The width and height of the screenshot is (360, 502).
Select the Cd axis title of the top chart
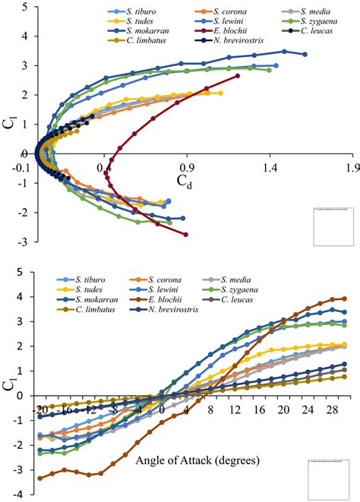(x=185, y=179)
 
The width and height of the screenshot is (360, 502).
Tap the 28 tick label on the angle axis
(x=332, y=410)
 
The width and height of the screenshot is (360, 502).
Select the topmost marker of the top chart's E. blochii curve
(x=238, y=76)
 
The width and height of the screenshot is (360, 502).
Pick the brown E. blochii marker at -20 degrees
(x=39, y=478)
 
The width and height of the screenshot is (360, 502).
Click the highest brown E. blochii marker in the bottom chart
(x=344, y=298)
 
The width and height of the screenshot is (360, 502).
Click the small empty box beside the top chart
(x=333, y=226)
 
